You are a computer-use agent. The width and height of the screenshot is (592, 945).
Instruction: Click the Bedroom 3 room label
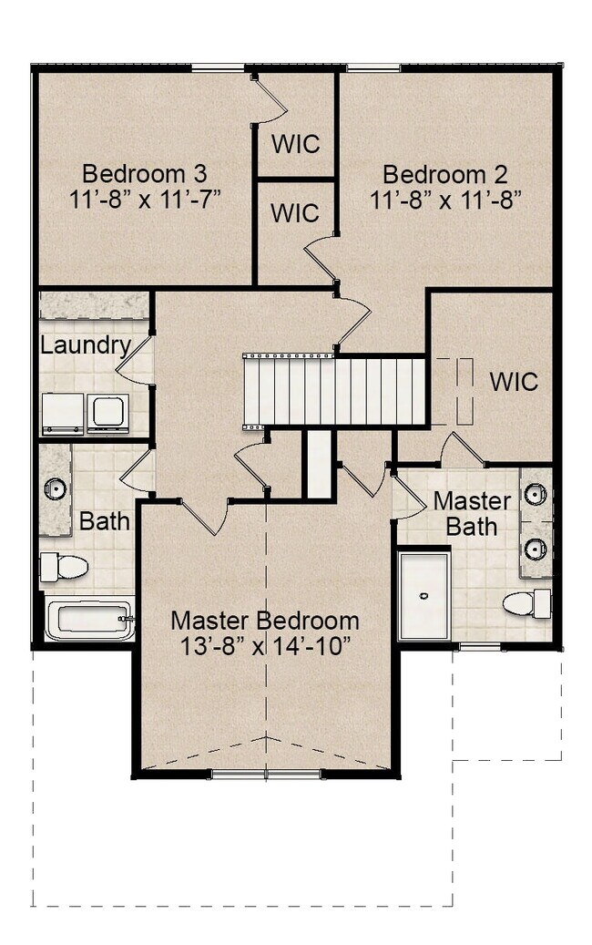point(145,173)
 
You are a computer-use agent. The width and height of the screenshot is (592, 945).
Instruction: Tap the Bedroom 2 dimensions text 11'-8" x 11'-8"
point(445,200)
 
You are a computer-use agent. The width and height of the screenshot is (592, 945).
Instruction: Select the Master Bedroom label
point(265,621)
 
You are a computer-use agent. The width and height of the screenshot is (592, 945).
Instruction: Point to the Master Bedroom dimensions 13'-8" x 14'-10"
point(265,646)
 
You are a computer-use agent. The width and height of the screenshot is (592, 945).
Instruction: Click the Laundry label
point(86,345)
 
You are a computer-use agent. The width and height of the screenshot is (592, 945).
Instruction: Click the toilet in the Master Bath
point(527,603)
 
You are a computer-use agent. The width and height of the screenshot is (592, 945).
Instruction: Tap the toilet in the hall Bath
point(64,567)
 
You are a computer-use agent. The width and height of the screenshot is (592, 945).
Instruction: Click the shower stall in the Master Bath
point(424,595)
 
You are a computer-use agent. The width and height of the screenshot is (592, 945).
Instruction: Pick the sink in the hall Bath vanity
point(56,488)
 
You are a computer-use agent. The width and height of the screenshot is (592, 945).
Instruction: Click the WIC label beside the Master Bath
point(513,382)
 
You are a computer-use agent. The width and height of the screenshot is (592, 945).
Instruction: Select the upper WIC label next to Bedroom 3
point(295,144)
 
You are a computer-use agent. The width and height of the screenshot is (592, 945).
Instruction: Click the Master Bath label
point(472,513)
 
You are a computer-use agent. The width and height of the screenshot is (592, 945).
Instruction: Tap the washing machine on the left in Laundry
point(63,414)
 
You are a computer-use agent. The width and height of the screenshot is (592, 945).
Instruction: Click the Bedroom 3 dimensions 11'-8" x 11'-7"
point(145,200)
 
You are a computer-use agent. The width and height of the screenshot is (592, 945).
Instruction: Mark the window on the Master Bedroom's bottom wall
point(267,774)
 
